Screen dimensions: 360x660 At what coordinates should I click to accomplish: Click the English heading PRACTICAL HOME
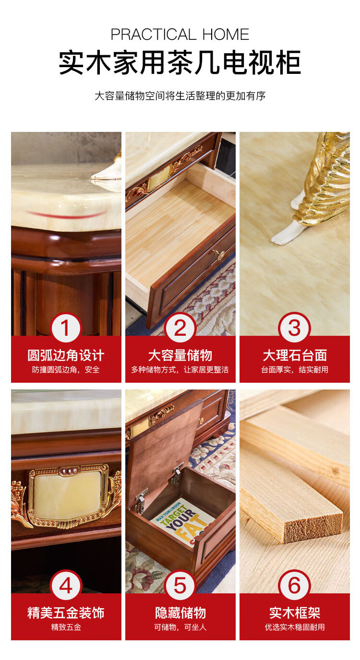pyautogui.click(x=180, y=35)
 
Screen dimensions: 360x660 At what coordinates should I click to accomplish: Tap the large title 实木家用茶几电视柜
pyautogui.click(x=180, y=62)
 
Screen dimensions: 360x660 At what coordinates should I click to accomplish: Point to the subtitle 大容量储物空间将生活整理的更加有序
pyautogui.click(x=180, y=96)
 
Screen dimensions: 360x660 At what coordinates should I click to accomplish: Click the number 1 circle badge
pyautogui.click(x=65, y=328)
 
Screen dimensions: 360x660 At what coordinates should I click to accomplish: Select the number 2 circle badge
pyautogui.click(x=180, y=328)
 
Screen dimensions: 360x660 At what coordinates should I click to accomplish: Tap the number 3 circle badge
pyautogui.click(x=294, y=328)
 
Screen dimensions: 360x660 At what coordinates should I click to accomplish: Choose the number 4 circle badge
pyautogui.click(x=65, y=585)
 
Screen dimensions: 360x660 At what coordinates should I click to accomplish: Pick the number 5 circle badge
pyautogui.click(x=180, y=585)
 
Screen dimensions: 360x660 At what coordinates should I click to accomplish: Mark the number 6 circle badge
pyautogui.click(x=294, y=585)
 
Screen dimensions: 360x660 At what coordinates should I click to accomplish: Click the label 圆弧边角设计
pyautogui.click(x=66, y=355)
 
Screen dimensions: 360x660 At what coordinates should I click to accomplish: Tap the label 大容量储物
pyautogui.click(x=180, y=355)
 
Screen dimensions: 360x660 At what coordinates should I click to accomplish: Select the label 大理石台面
pyautogui.click(x=295, y=355)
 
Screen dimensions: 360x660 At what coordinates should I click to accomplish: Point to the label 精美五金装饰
pyautogui.click(x=66, y=613)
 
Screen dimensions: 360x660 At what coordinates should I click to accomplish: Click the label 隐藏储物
pyautogui.click(x=180, y=613)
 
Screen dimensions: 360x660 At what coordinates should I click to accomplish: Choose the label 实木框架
pyautogui.click(x=295, y=613)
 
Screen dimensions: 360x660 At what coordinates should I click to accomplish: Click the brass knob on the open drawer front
pyautogui.click(x=220, y=254)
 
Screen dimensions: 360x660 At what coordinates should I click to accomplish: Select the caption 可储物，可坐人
pyautogui.click(x=180, y=627)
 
